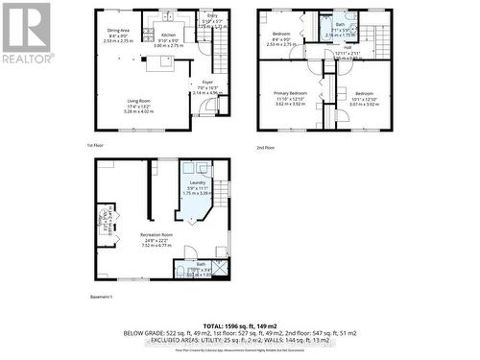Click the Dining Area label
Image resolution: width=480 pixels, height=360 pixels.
118,31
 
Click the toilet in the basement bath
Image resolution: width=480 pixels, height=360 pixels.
180,274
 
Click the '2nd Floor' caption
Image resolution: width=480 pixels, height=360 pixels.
265,146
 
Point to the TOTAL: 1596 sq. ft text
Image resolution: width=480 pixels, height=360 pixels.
240,324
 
